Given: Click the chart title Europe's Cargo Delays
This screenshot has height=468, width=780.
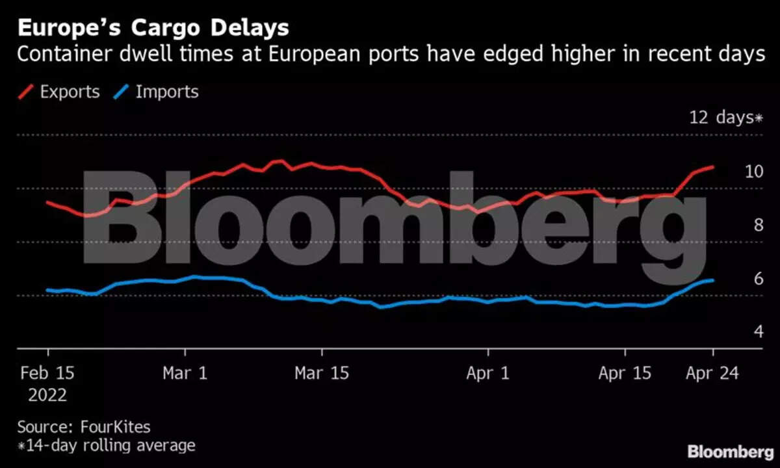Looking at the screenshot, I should tap(153, 28).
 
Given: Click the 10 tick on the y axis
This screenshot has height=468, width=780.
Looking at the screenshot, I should tap(753, 172).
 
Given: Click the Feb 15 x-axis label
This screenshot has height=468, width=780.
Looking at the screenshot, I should tap(47, 373).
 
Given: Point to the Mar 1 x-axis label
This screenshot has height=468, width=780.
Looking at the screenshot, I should tap(185, 373).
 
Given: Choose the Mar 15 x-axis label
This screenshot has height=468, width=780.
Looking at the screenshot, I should tap(321, 373).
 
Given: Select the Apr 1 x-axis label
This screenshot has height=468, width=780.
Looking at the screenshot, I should tap(487, 373).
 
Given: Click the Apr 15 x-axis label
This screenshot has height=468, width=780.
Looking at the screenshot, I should tap(625, 373).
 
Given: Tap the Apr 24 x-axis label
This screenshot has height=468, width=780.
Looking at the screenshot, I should tap(712, 373).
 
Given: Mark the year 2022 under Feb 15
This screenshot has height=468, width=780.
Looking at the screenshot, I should tap(47, 395).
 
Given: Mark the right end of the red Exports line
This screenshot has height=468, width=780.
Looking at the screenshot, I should tap(714, 167).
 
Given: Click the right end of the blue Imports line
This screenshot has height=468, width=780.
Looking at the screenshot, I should tap(714, 280).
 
